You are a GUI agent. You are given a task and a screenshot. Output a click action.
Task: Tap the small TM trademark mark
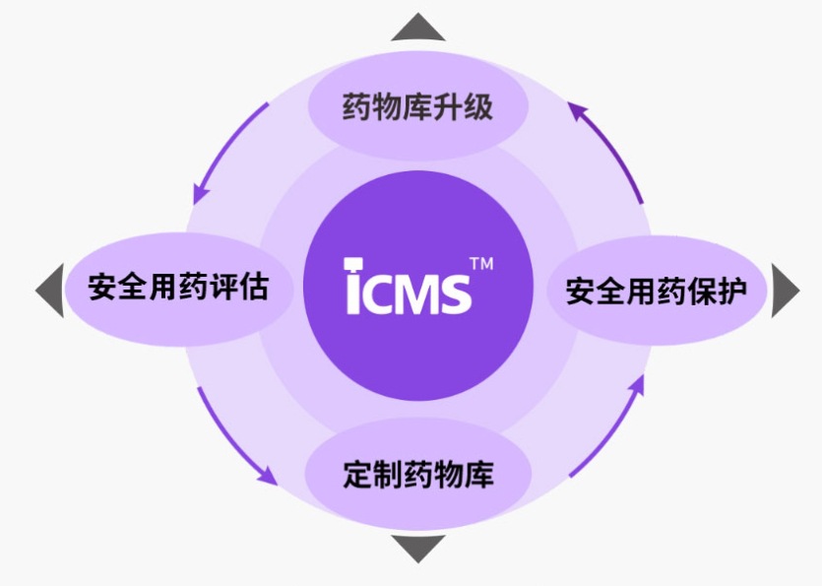click(480, 264)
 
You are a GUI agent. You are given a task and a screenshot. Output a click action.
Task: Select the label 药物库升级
click(417, 106)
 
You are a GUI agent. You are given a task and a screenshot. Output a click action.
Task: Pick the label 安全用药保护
click(656, 291)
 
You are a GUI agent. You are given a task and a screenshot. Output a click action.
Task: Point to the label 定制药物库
click(418, 476)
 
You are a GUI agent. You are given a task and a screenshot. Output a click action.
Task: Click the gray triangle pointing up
click(417, 28)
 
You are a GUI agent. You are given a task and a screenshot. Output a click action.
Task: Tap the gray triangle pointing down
click(417, 548)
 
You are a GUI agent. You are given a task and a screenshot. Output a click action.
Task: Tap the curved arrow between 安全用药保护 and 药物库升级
click(606, 148)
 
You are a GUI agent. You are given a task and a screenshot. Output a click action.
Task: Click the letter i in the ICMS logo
click(356, 288)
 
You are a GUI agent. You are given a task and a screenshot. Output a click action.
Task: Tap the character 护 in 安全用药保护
click(731, 291)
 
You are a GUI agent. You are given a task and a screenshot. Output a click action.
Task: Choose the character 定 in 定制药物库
click(358, 476)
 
